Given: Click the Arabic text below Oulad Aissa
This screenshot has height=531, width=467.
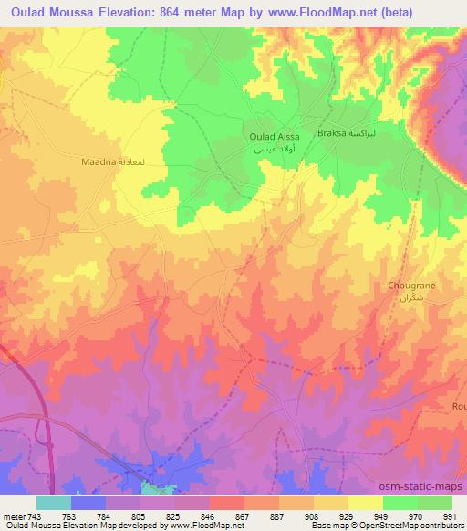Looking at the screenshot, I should (x=274, y=149).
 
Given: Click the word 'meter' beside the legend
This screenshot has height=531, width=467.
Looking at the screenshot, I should (x=13, y=515).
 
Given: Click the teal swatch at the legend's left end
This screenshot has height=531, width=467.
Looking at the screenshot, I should (x=54, y=503).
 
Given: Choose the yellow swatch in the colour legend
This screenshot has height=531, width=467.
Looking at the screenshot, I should (x=366, y=503).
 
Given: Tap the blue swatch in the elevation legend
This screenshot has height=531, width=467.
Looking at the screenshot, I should (x=88, y=503).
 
